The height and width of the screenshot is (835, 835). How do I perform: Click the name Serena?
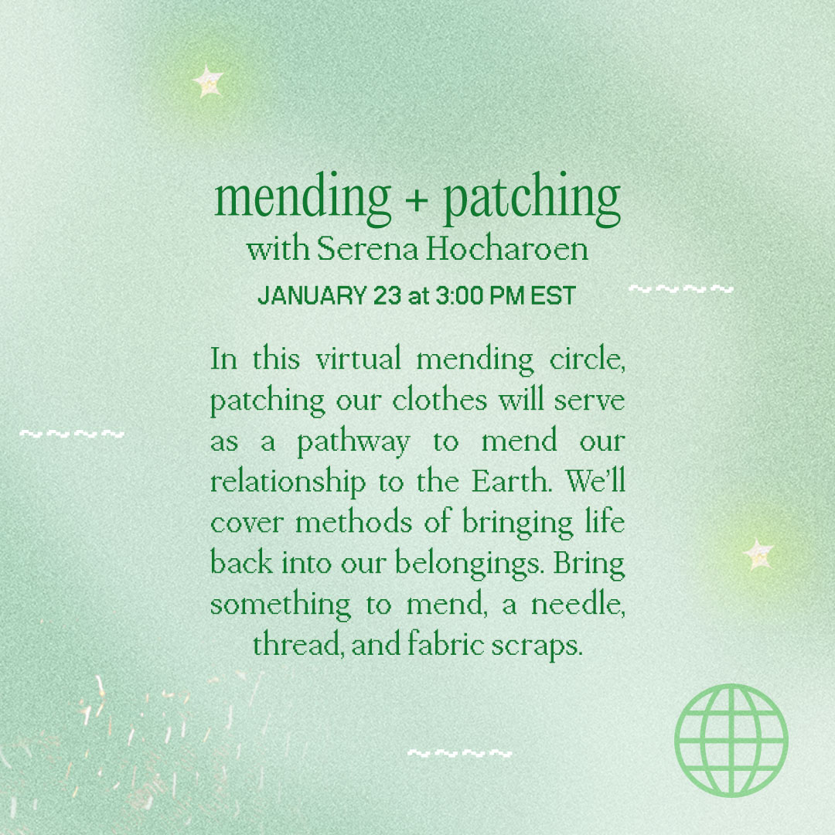tap(367, 249)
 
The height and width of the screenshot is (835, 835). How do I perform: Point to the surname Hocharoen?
tap(507, 249)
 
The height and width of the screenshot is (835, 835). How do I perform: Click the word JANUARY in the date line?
tap(312, 295)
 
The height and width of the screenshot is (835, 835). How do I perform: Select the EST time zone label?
tap(554, 295)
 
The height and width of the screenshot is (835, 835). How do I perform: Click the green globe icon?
tap(731, 740)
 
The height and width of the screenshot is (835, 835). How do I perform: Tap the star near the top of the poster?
tap(208, 81)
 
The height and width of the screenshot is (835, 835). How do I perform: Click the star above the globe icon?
tap(758, 554)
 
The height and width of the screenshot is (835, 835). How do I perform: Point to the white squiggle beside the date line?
tap(681, 289)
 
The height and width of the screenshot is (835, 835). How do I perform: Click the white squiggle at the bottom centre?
tap(459, 753)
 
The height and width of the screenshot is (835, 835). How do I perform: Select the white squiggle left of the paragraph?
tap(72, 434)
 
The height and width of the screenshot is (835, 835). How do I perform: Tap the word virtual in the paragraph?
tap(359, 359)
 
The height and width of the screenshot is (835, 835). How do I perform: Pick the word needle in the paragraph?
tap(578, 604)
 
